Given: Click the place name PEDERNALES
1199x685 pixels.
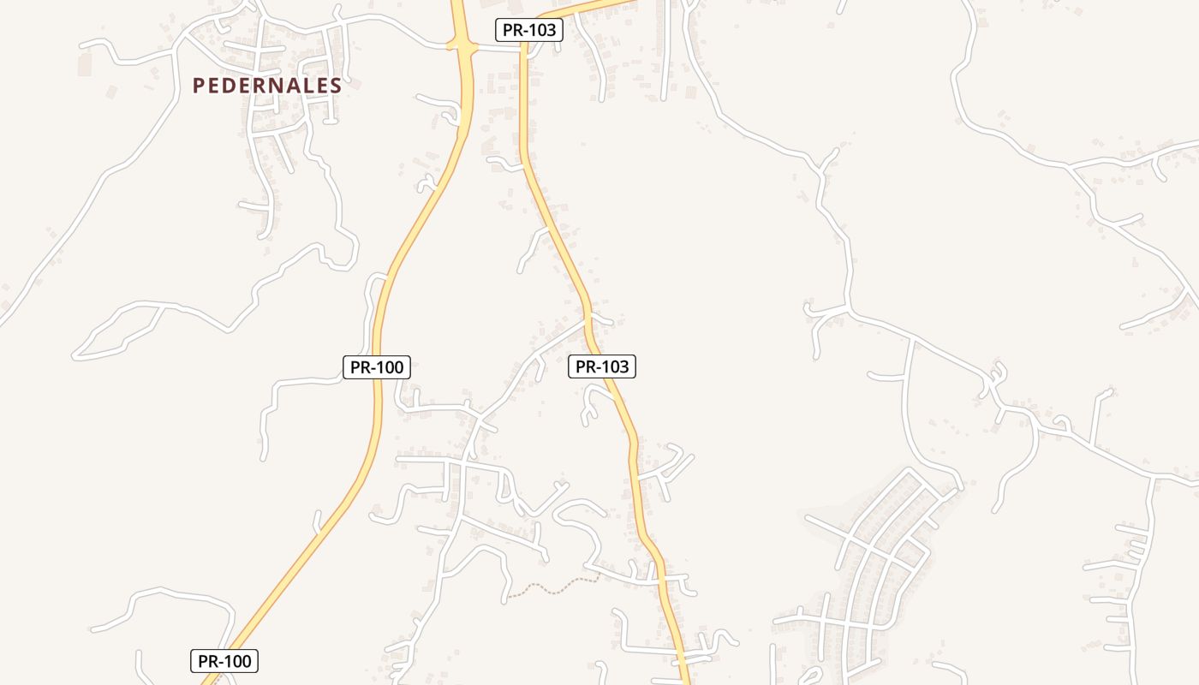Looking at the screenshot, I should point(267,86).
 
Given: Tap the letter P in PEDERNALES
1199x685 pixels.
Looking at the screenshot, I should point(199,86).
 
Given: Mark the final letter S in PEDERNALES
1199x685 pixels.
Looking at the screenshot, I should point(336,86).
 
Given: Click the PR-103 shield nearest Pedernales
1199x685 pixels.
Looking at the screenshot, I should point(528,30).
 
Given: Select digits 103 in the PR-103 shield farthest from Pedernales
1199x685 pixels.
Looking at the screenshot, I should point(614,367).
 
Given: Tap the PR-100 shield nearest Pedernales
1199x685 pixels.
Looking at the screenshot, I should point(377,367).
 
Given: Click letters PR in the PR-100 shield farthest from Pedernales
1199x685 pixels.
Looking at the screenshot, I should point(209,661).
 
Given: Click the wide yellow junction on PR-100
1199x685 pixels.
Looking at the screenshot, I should point(462,43).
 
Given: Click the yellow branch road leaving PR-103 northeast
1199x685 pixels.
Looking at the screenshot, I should point(591,8).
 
